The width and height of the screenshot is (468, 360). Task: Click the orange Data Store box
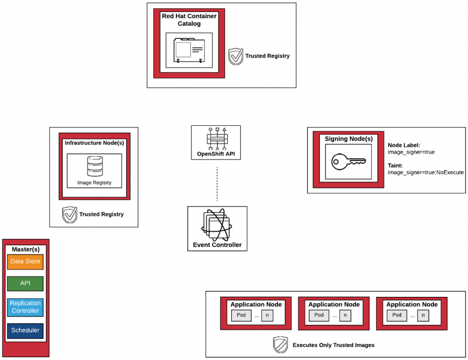click(x=25, y=262)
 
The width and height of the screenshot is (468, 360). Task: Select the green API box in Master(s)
click(x=25, y=284)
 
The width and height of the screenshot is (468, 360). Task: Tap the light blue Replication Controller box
click(x=25, y=307)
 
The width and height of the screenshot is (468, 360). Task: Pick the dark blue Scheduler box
click(x=25, y=330)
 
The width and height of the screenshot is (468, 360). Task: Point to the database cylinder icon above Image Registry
click(x=95, y=167)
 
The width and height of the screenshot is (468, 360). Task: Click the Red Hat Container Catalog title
click(x=189, y=20)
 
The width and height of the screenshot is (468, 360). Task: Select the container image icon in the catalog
click(x=189, y=50)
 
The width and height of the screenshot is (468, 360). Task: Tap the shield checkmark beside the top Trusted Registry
click(x=235, y=56)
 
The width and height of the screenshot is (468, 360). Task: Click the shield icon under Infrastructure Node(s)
click(x=69, y=215)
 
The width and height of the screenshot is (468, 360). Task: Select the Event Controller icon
click(x=217, y=224)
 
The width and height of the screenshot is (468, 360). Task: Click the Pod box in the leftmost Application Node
click(x=241, y=315)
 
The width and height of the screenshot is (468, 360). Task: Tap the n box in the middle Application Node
click(x=345, y=315)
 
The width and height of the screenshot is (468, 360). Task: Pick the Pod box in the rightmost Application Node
click(x=397, y=315)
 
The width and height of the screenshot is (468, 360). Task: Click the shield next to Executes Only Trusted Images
click(x=280, y=345)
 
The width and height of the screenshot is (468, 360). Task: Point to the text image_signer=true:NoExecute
click(x=425, y=172)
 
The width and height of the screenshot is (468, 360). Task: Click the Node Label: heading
click(x=401, y=145)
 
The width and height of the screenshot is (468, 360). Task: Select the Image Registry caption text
click(x=94, y=183)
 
